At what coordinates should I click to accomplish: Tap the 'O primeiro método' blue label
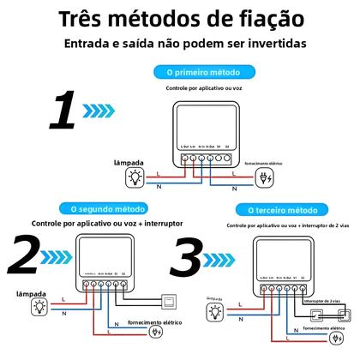[x=196, y=72]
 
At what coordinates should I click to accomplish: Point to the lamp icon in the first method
[x=134, y=177]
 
